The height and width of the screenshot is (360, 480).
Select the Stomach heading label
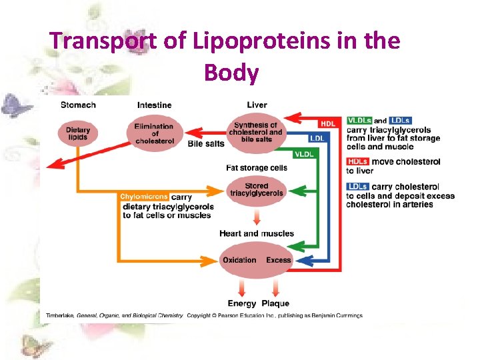tap(78, 105)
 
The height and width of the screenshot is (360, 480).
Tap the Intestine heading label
tap(154, 105)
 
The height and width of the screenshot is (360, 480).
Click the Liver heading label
tap(257, 105)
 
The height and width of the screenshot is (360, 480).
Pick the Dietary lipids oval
tap(78, 132)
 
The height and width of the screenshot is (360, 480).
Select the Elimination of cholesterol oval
tap(154, 132)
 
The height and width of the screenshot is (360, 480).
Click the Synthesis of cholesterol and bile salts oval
tap(256, 132)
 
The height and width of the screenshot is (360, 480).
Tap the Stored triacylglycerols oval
tap(256, 189)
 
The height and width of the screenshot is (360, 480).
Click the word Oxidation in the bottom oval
tap(239, 260)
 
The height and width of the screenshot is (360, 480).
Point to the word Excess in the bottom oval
tap(278, 260)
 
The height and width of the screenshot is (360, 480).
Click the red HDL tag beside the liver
tap(328, 124)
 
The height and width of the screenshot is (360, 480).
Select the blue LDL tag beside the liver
tap(317, 138)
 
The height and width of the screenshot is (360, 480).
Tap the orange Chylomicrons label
tap(145, 197)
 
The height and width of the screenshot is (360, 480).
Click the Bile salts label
tap(205, 144)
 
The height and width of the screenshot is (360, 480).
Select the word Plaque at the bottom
tap(275, 303)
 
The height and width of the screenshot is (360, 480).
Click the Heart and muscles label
tap(256, 233)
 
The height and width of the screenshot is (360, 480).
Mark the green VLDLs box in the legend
tap(359, 121)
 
